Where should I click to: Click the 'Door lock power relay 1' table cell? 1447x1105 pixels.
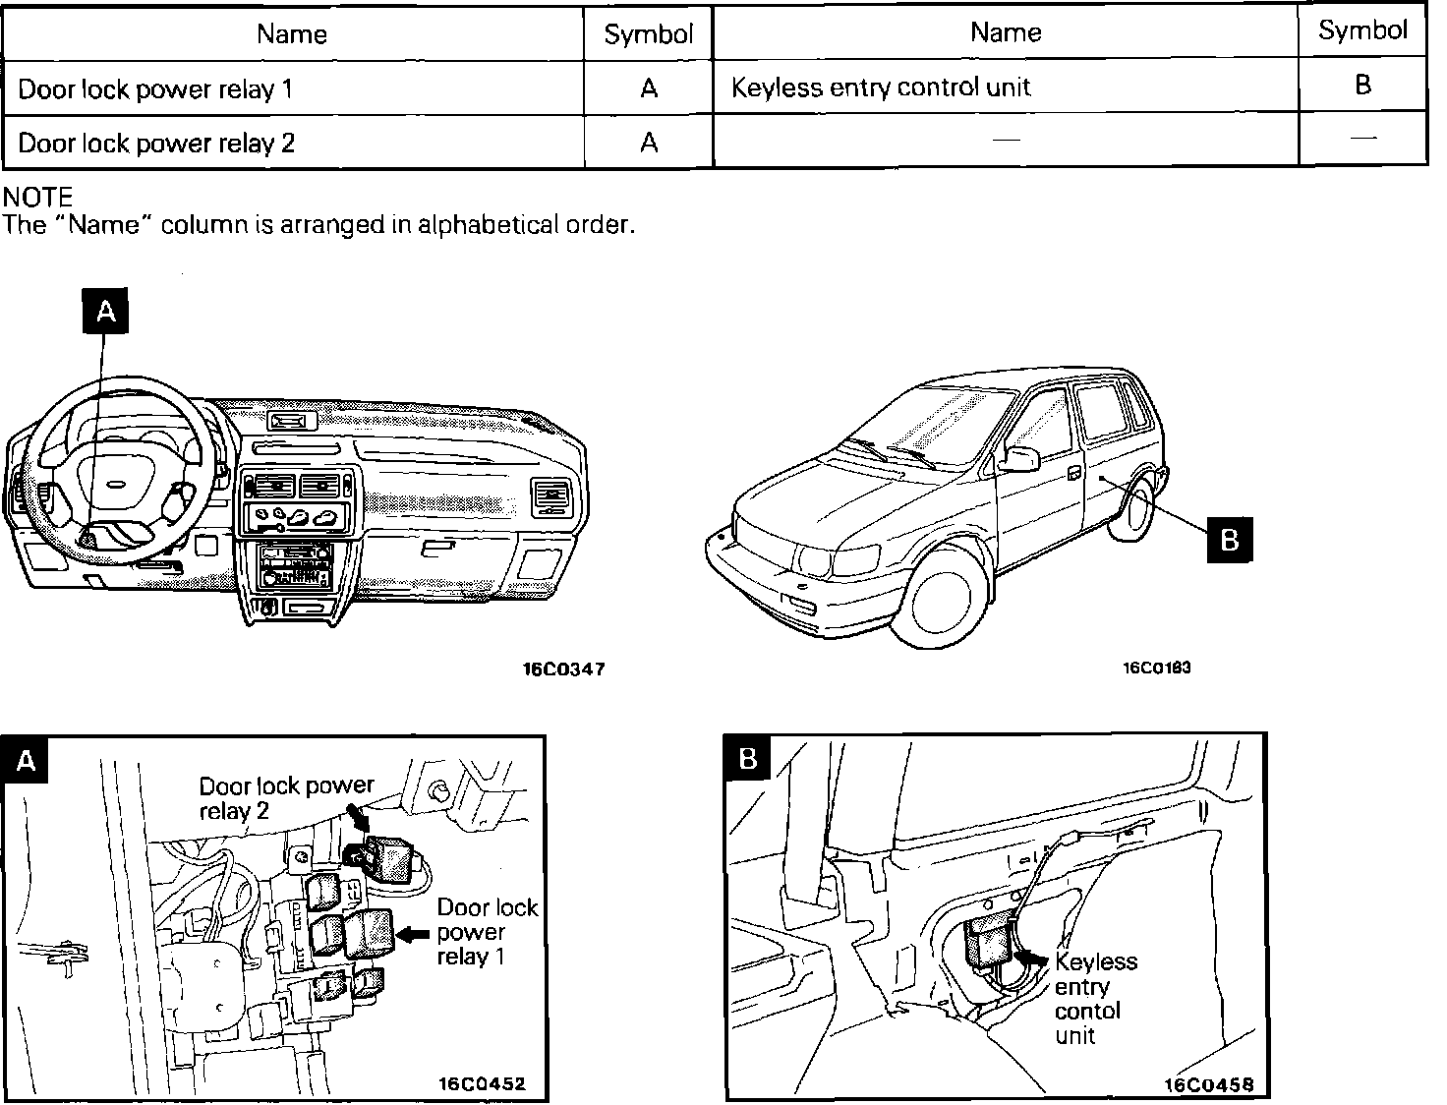tap(155, 89)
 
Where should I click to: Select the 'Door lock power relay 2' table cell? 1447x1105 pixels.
tap(156, 144)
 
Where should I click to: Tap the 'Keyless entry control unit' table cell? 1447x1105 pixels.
tap(881, 87)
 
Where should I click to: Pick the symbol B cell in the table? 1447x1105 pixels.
tap(1362, 85)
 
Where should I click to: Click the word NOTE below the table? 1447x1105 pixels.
tap(38, 198)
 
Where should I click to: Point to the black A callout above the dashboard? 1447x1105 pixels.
tap(105, 312)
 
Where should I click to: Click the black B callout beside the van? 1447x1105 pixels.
tap(1229, 539)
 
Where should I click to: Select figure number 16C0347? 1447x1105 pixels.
tap(563, 669)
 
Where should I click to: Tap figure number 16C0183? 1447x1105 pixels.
tap(1157, 669)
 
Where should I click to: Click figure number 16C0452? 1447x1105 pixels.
tap(482, 1084)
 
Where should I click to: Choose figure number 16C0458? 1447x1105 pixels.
tap(1208, 1085)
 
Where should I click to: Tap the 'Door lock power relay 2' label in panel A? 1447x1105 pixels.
tap(286, 798)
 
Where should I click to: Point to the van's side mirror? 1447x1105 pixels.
tap(1021, 458)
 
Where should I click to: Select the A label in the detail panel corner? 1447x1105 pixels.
tap(27, 761)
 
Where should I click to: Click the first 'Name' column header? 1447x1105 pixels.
tap(292, 34)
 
